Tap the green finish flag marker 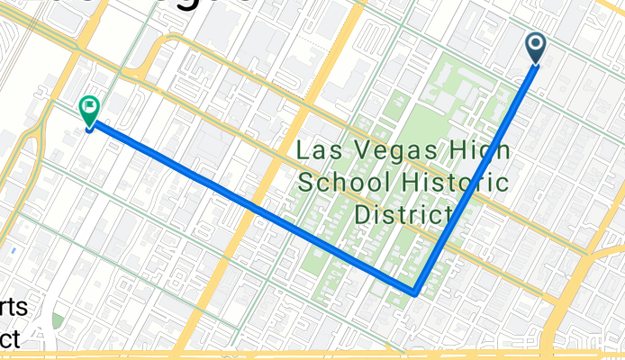[x=89, y=110]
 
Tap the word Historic [x=463, y=184]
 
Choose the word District [x=403, y=215]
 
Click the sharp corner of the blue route [x=414, y=292]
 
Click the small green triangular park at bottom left [x=59, y=320]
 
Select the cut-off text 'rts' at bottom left [x=14, y=309]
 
